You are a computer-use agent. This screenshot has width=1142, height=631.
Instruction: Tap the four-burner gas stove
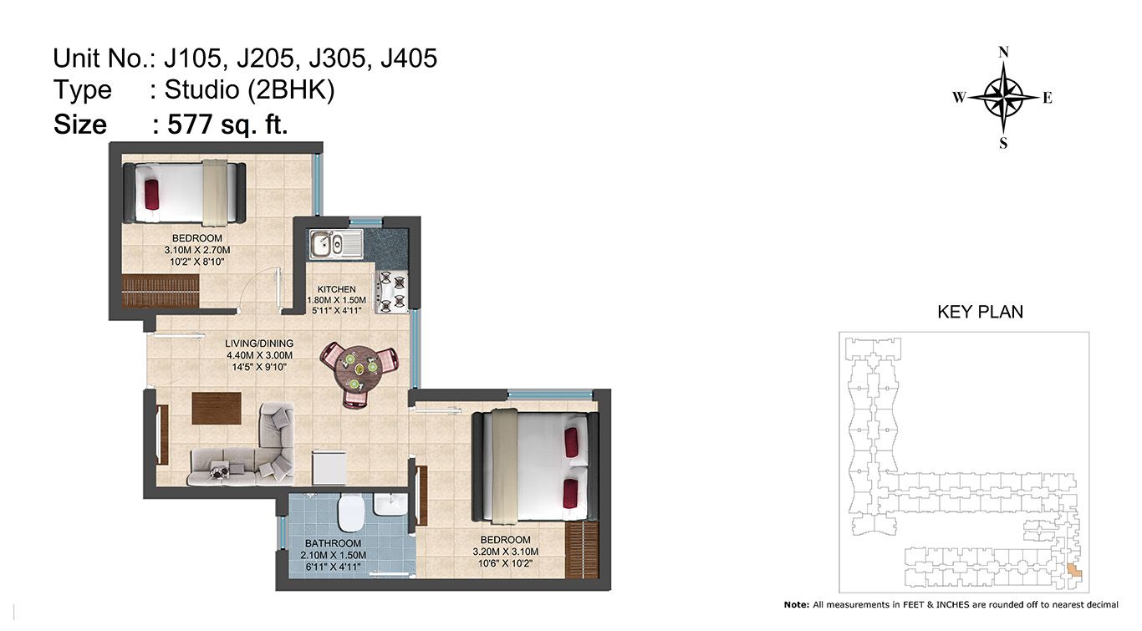391,292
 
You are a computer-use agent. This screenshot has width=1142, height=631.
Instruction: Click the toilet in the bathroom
350,511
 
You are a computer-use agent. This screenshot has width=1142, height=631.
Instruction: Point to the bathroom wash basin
390,505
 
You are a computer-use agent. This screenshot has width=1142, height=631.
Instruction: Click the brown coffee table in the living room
217,408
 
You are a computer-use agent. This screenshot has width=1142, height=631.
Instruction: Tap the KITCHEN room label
336,289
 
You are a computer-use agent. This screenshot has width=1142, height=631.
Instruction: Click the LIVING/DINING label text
259,343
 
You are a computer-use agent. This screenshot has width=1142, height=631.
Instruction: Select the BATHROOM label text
333,543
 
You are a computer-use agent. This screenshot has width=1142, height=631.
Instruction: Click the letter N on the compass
1003,52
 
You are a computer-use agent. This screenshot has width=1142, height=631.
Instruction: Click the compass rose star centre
1003,97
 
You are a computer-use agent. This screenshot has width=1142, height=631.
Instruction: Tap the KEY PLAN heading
980,312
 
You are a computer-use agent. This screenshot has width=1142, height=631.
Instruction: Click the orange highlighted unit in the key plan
1073,570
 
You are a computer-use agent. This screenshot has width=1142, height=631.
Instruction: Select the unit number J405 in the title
409,59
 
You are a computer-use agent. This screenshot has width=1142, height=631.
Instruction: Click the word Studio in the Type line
201,89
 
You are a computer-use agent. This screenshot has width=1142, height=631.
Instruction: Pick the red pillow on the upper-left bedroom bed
151,194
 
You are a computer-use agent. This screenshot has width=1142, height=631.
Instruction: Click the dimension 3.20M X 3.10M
505,552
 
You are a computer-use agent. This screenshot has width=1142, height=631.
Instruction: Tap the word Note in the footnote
795,604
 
